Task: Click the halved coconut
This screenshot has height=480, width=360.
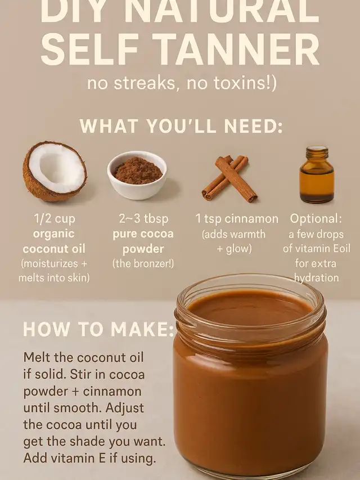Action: pyautogui.click(x=55, y=171)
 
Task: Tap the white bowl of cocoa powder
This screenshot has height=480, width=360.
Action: pyautogui.click(x=137, y=175)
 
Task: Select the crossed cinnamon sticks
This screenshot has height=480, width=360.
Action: pyautogui.click(x=229, y=178)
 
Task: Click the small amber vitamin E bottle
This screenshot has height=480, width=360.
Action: pyautogui.click(x=317, y=174)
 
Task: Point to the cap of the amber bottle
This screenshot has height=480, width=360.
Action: pyautogui.click(x=317, y=151)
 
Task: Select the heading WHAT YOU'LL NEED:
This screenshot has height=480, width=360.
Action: pyautogui.click(x=181, y=126)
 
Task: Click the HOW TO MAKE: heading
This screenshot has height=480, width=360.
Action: pyautogui.click(x=98, y=329)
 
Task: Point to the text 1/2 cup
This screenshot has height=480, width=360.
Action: pyautogui.click(x=55, y=219)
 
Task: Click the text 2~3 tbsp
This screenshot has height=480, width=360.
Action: pyautogui.click(x=143, y=219)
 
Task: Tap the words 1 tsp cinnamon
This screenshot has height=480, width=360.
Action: pyautogui.click(x=237, y=219)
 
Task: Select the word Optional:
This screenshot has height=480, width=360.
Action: pyautogui.click(x=316, y=219)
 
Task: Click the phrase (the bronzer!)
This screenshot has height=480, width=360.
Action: pyautogui.click(x=143, y=263)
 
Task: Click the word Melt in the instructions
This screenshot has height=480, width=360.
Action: pyautogui.click(x=37, y=357)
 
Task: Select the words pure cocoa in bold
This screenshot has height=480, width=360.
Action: pyautogui.click(x=143, y=234)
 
